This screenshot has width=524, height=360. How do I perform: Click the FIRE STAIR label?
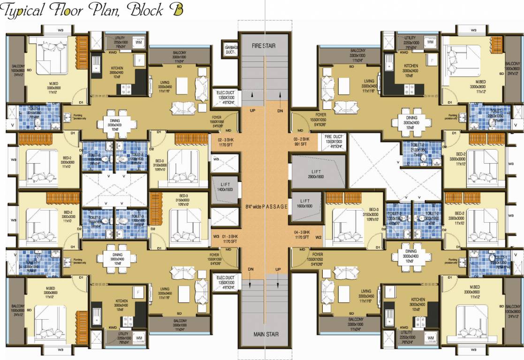tap(263, 46)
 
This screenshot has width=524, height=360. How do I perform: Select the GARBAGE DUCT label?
tap(231, 50)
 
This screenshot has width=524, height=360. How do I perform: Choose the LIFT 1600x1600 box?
tap(304, 203)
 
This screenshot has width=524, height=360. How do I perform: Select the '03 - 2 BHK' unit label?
tap(302, 141)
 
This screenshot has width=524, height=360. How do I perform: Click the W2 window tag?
tap(318, 237)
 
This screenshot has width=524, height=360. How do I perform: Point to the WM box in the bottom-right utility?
tap(431, 337)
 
